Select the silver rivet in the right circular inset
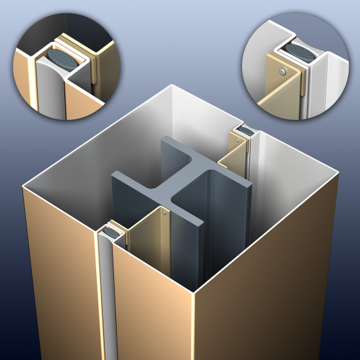(x=283, y=70)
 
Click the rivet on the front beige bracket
(x=163, y=213)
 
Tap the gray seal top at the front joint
(x=109, y=233)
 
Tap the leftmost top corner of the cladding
(x=23, y=188)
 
